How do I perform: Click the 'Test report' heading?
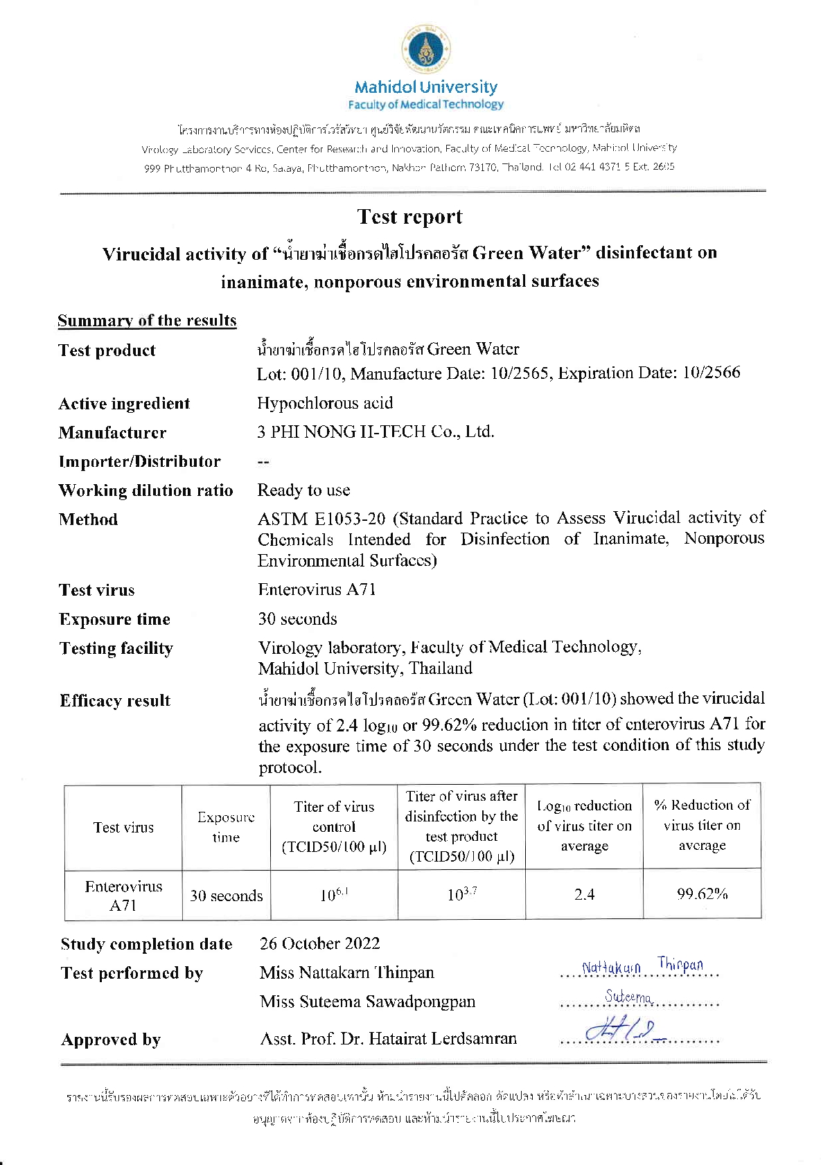pos(410,217)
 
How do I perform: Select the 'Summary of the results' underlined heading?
pos(147,321)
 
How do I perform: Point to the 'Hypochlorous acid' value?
pos(325,403)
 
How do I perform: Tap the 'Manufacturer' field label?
pos(112,433)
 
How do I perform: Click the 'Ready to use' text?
pos(303,490)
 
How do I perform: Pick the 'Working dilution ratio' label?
pos(145,490)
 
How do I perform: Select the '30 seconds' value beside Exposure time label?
pos(297,619)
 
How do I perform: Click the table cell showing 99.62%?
pos(702,893)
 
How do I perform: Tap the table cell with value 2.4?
pos(584,894)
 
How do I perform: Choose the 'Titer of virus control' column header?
pos(334,826)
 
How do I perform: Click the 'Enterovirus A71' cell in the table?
pos(123,896)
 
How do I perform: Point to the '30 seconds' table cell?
pos(227,896)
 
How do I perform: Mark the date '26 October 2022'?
pos(319,943)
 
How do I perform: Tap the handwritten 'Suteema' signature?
pos(628,997)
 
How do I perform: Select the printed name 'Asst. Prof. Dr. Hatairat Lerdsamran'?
pos(388,1038)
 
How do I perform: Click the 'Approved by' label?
pos(111,1040)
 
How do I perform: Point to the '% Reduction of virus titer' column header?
pos(702,825)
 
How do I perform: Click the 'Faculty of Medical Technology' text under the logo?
pos(425,105)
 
